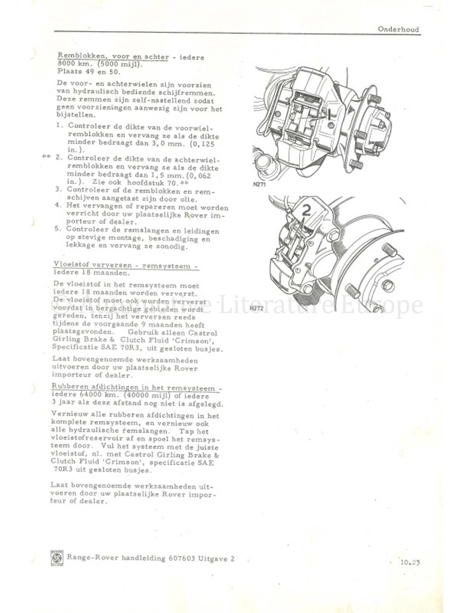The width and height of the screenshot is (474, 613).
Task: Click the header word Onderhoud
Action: coord(398,29)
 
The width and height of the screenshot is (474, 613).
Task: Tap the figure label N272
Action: coord(257,308)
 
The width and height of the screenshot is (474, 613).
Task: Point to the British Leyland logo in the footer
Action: coord(57,557)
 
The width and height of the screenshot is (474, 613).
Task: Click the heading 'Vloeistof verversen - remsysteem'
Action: coord(126,266)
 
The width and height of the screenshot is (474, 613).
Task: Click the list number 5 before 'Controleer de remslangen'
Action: coord(58,228)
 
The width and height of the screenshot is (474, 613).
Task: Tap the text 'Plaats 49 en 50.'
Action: coord(89,72)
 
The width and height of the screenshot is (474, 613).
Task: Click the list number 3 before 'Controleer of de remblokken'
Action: coord(58,189)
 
